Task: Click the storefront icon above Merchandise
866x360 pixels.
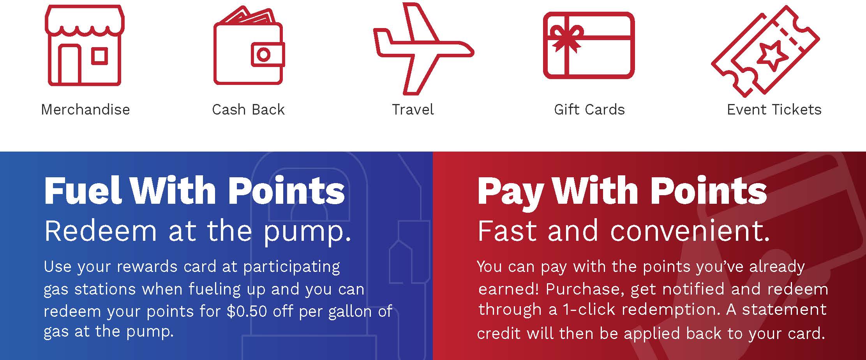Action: (85, 45)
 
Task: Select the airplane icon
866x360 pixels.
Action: (423, 49)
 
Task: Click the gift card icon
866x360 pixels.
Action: (589, 45)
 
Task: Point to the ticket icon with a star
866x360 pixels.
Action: (765, 51)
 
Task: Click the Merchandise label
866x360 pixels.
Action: (85, 109)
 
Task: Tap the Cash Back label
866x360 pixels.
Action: (249, 109)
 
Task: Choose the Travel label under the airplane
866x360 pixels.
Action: (413, 109)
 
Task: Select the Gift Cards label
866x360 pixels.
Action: (589, 109)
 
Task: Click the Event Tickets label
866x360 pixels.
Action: (774, 109)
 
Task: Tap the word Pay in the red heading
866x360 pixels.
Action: (511, 193)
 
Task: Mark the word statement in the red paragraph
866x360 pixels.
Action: (784, 309)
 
